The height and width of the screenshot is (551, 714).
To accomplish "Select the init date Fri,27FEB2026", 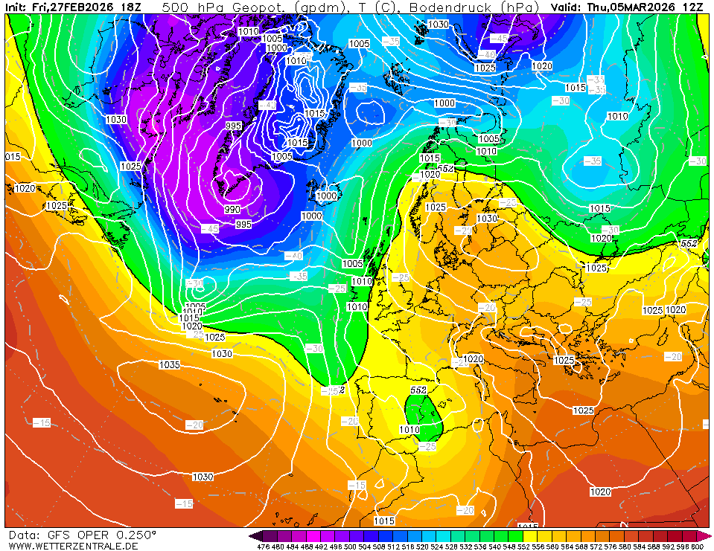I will tap(73, 7).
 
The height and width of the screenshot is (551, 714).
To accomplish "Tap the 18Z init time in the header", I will tap(131, 7).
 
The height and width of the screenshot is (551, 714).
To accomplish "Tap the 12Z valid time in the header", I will tap(692, 7).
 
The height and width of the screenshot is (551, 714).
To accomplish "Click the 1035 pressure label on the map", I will tap(170, 364).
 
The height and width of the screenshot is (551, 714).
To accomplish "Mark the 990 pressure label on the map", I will tap(232, 210).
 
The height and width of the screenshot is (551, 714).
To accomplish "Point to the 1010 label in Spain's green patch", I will tap(409, 429).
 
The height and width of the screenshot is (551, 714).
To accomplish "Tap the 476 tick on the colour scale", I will tap(262, 547).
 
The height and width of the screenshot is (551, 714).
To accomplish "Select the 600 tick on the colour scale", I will tap(697, 547).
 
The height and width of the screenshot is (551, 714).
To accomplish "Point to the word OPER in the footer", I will tap(92, 535).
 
